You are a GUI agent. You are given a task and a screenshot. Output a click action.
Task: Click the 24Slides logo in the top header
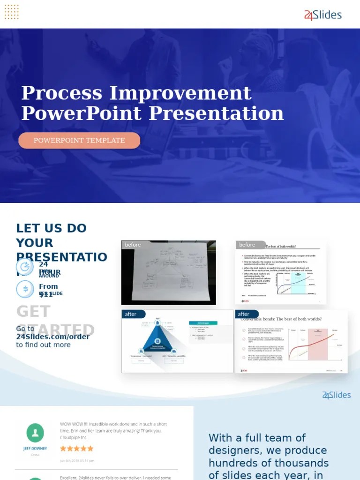pos(323,15)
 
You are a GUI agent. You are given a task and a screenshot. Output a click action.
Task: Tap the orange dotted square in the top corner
pos(11,12)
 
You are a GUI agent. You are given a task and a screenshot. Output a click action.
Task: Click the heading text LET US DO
pos(52,228)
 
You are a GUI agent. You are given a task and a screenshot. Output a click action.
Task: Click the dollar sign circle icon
pos(25,289)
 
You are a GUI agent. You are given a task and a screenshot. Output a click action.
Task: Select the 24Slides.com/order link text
pos(52,337)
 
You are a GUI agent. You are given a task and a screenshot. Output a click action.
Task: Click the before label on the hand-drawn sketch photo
pos(133,245)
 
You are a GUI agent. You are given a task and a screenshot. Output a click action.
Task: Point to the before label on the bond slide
pos(247,245)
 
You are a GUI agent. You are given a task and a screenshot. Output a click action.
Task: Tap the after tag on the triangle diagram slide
pos(131,314)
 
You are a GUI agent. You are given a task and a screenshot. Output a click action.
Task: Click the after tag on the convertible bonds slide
pos(244,314)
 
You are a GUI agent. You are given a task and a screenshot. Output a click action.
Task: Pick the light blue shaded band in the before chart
pos(298,283)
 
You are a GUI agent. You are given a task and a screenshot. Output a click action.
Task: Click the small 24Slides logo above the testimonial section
pos(336,395)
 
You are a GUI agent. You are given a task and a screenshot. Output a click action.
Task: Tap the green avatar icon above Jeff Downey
pos(35,433)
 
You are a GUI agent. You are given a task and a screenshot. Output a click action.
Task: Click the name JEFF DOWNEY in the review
pos(35,449)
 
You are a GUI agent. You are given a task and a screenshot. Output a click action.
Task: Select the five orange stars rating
pos(77,449)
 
